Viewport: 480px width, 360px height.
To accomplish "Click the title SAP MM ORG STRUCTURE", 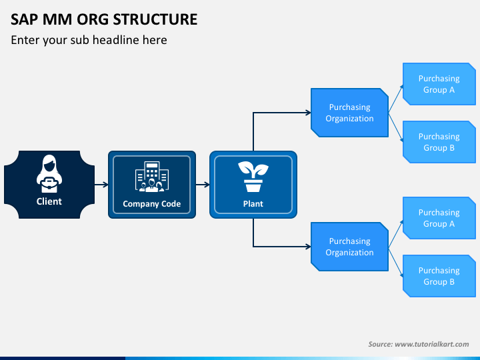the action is (x=104, y=19).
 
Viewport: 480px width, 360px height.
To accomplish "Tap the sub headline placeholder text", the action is (x=89, y=40).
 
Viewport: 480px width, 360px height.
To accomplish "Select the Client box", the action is (x=49, y=184).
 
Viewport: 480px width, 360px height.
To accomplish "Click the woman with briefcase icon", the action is (x=49, y=173).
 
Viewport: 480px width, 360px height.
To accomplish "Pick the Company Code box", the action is (x=152, y=185).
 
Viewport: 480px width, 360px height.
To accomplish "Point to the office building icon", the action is (x=152, y=177).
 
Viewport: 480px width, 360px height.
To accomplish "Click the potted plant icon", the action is (x=253, y=177).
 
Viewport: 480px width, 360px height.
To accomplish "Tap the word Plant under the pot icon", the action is (x=253, y=204).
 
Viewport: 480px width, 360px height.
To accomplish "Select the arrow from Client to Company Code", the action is (x=101, y=185).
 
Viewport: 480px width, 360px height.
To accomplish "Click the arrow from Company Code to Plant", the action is (x=203, y=185).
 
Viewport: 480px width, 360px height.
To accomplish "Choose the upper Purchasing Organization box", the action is (x=349, y=113).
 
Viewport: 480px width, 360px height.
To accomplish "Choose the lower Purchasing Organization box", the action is (x=349, y=247).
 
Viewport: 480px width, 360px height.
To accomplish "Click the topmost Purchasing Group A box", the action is (x=439, y=84).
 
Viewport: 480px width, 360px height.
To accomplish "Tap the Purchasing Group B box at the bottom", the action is (x=439, y=276).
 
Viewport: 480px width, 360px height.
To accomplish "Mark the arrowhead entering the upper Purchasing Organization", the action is (x=309, y=113).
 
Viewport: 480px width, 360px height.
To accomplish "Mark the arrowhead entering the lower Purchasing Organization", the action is (x=309, y=247).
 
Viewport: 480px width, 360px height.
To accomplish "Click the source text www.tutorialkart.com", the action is (x=432, y=344).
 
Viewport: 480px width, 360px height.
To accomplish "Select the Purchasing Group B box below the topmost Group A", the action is (x=439, y=142).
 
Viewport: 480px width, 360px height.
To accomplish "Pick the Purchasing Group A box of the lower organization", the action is (x=439, y=218).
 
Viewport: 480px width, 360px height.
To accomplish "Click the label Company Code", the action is (x=152, y=204).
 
